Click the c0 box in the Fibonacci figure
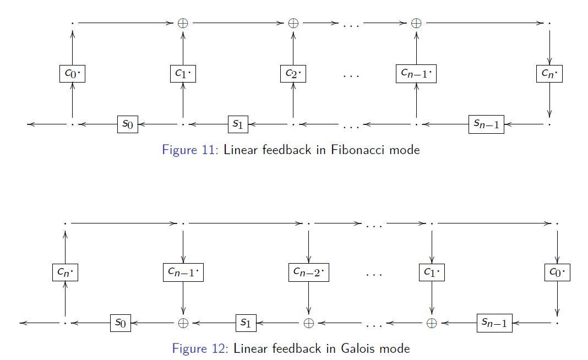click(72, 73)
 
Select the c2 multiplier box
click(293, 73)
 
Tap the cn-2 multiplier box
click(308, 272)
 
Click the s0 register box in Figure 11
click(127, 124)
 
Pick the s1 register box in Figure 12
click(246, 323)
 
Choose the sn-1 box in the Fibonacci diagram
click(486, 124)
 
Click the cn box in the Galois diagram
click(65, 272)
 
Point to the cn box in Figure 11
click(549, 73)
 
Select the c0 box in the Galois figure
click(557, 272)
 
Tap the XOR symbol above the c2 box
click(293, 23)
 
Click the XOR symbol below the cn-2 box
click(309, 323)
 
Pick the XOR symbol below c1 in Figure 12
click(432, 323)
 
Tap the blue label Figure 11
click(190, 150)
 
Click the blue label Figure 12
click(200, 348)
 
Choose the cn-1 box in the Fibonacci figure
click(416, 73)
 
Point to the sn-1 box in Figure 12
click(494, 323)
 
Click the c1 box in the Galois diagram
click(432, 272)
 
